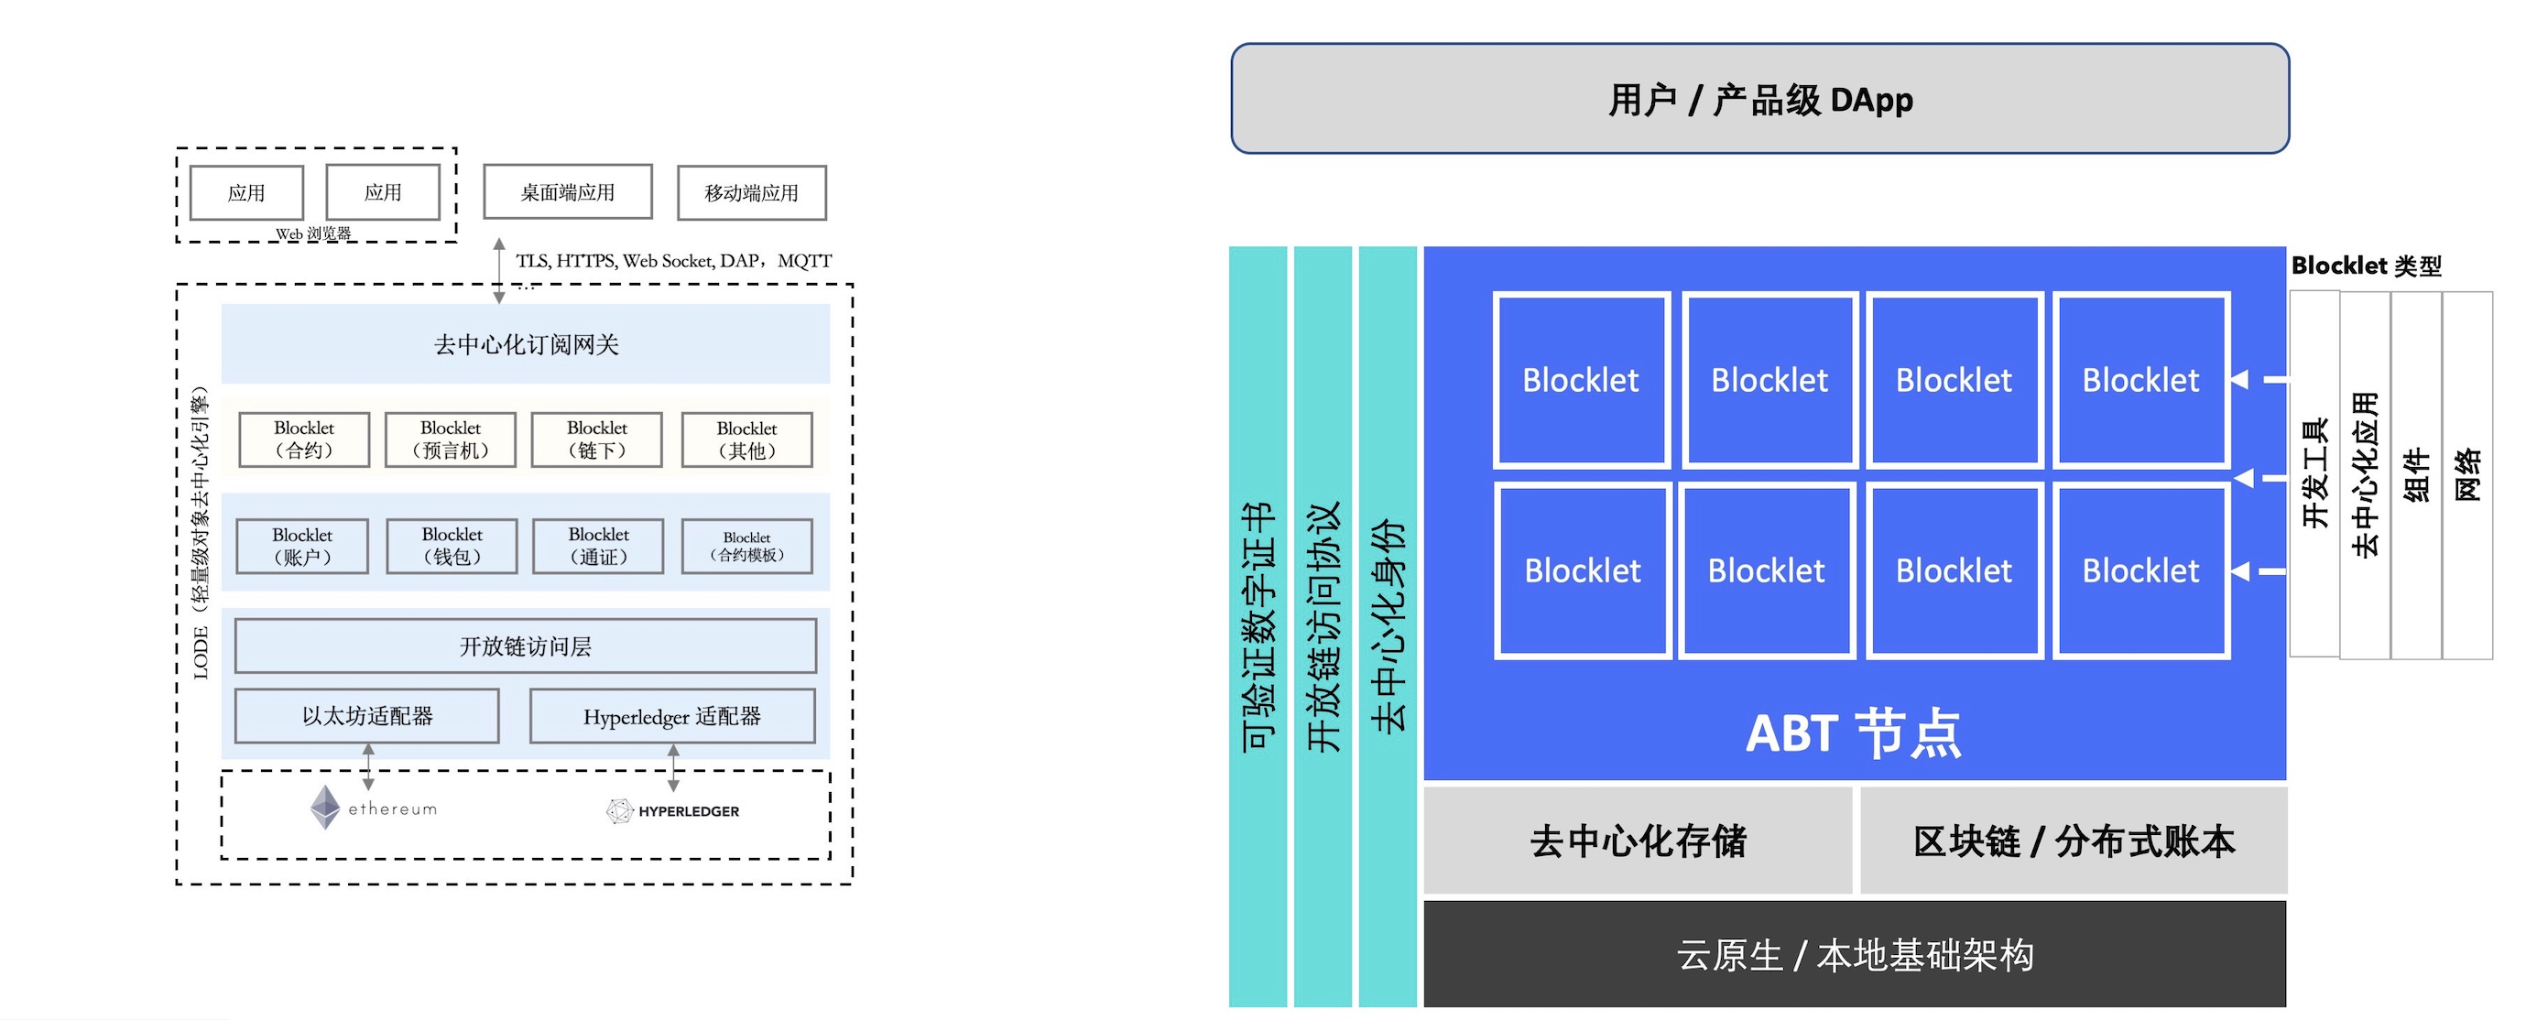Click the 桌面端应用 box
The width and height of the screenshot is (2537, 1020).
click(x=567, y=192)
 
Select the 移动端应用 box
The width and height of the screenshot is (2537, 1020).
click(x=751, y=193)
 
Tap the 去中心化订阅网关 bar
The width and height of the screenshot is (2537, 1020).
click(x=526, y=343)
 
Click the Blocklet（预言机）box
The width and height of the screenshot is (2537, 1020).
click(x=450, y=439)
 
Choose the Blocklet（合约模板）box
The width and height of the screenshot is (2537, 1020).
click(x=746, y=547)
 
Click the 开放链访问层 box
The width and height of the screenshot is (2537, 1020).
click(x=525, y=646)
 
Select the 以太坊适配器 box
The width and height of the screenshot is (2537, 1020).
click(x=366, y=716)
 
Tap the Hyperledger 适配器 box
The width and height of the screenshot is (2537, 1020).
click(x=671, y=716)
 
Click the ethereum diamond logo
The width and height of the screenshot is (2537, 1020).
click(x=325, y=808)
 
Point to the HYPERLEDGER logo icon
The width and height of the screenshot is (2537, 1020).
click(x=618, y=810)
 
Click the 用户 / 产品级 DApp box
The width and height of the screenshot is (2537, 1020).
click(x=1759, y=99)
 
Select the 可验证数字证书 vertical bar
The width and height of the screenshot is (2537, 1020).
click(x=1258, y=626)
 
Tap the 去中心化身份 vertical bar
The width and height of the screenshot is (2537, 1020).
click(x=1388, y=626)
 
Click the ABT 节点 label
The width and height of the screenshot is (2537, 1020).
click(x=1853, y=733)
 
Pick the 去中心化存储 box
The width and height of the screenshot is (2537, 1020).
click(x=1637, y=841)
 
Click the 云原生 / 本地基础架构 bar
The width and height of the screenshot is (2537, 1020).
click(x=1855, y=954)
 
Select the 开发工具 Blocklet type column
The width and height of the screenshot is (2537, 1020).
click(x=2314, y=473)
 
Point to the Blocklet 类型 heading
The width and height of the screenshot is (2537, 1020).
click(x=2366, y=266)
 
